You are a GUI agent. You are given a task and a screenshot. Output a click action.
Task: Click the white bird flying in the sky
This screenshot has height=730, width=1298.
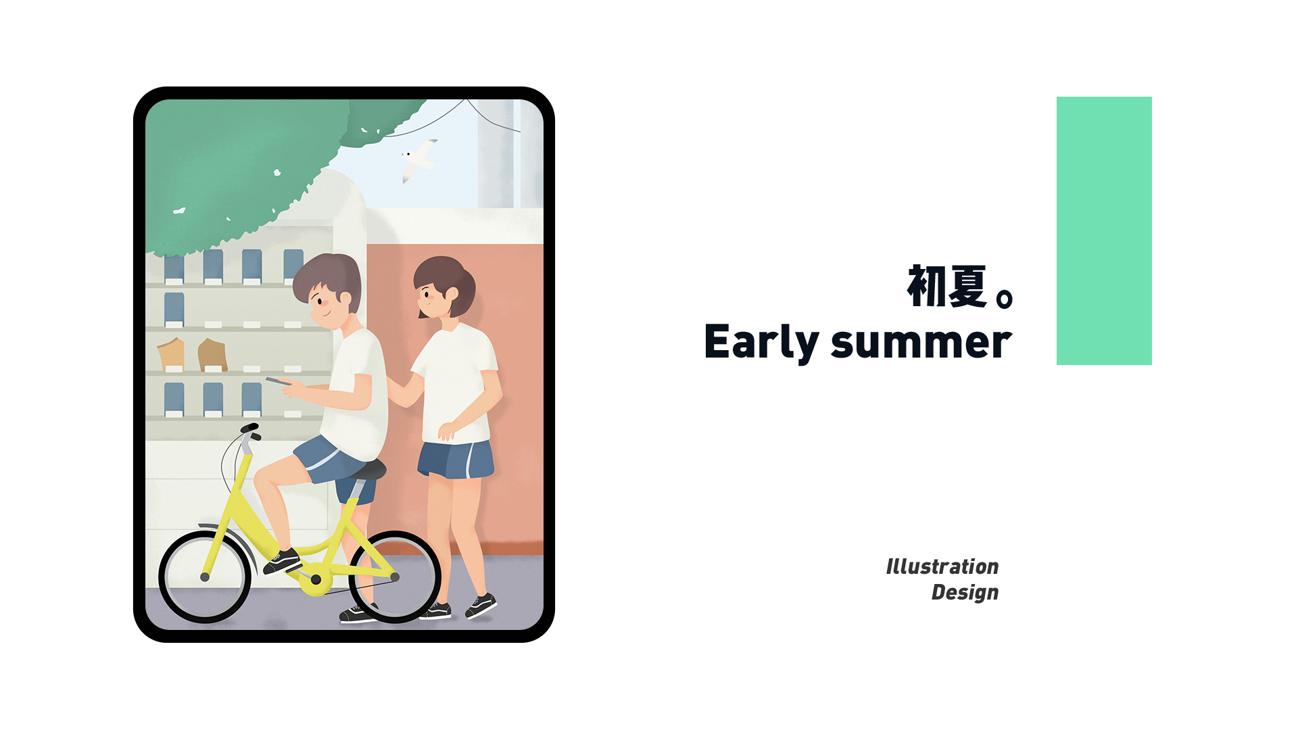tap(418, 160)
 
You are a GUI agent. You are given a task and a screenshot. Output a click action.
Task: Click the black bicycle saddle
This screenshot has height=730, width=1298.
tap(368, 468)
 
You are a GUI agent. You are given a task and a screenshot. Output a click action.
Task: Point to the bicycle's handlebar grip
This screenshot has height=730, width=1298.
tap(249, 428)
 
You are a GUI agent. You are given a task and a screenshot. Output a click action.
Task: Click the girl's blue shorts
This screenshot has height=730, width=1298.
tap(456, 460)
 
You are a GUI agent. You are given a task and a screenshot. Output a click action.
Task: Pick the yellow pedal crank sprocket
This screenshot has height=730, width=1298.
tap(316, 580)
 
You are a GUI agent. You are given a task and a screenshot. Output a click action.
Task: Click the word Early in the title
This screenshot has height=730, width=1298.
tap(761, 343)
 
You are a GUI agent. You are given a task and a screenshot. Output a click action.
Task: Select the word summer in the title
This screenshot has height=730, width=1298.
tap(921, 343)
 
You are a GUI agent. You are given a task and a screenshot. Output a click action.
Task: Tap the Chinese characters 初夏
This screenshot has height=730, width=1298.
tap(947, 287)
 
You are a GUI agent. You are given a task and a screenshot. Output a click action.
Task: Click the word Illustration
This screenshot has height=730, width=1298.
tap(942, 566)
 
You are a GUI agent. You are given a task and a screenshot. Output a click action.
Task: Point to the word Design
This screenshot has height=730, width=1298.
tap(965, 593)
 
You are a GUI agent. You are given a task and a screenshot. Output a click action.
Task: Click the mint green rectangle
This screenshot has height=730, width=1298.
tap(1104, 230)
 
